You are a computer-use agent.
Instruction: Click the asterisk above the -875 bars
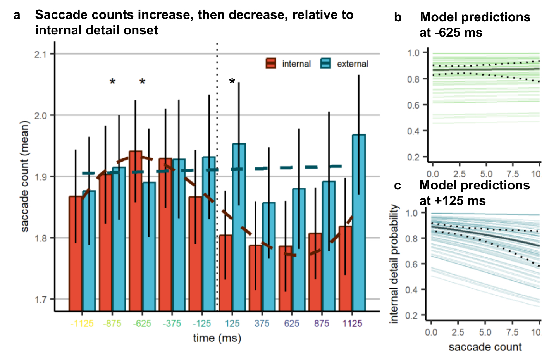point(112,82)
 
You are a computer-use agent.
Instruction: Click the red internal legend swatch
point(271,64)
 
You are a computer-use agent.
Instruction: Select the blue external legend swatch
point(326,64)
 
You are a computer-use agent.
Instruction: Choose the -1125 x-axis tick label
point(82,323)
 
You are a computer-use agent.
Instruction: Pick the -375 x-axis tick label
point(172,323)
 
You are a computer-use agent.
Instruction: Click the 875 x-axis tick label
point(322,323)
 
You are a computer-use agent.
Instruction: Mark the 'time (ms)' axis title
point(217,338)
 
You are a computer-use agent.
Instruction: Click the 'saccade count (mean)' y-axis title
point(25,176)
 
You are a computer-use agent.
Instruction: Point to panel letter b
point(398,17)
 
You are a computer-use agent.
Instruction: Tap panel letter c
point(398,186)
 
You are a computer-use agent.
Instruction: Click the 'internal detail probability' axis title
point(394,264)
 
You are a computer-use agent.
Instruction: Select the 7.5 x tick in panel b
point(513,174)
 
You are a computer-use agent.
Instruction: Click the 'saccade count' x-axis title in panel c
point(485,347)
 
